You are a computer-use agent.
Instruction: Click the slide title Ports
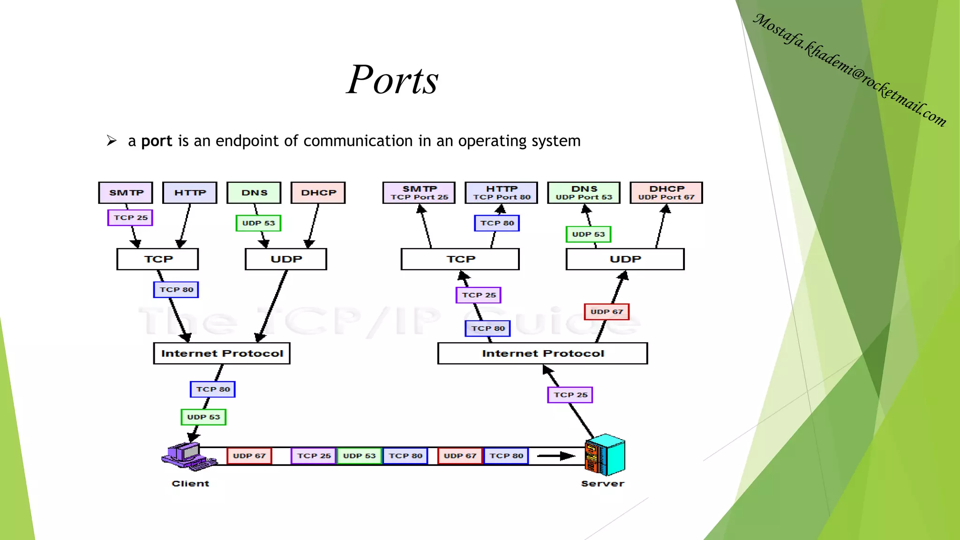pos(392,80)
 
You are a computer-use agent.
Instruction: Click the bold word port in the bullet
pos(157,141)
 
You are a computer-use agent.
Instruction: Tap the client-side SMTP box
pos(126,193)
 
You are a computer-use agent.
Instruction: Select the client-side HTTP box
pos(190,193)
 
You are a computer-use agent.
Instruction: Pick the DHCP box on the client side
pos(318,193)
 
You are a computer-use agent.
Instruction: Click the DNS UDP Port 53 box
pos(584,193)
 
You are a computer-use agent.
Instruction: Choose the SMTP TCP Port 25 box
pos(419,193)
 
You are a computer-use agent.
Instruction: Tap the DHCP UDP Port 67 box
pos(666,193)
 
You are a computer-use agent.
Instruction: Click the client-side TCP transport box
pos(157,259)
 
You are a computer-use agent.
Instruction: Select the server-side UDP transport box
pos(625,259)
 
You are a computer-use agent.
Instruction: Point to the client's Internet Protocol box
pos(222,353)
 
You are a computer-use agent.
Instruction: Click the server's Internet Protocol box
pos(542,353)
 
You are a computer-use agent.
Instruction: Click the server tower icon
pos(605,455)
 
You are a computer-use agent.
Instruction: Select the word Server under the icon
pos(602,484)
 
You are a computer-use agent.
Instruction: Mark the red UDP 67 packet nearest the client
pos(249,456)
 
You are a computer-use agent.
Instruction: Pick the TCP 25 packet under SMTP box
pos(130,217)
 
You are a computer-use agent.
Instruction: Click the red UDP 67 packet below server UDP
pos(607,312)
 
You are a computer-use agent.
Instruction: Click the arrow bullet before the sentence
pos(112,141)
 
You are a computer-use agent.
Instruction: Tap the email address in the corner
pos(849,70)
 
